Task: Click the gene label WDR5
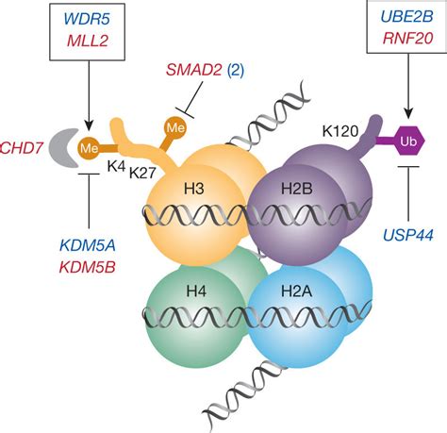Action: coord(86,19)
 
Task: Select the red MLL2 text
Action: coord(86,40)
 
